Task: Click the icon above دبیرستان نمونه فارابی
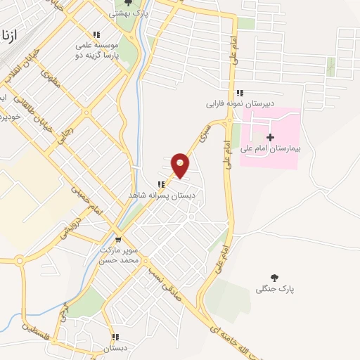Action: [x=240, y=92]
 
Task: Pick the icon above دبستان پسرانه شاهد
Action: [x=161, y=184]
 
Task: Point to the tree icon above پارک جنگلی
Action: [x=274, y=278]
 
